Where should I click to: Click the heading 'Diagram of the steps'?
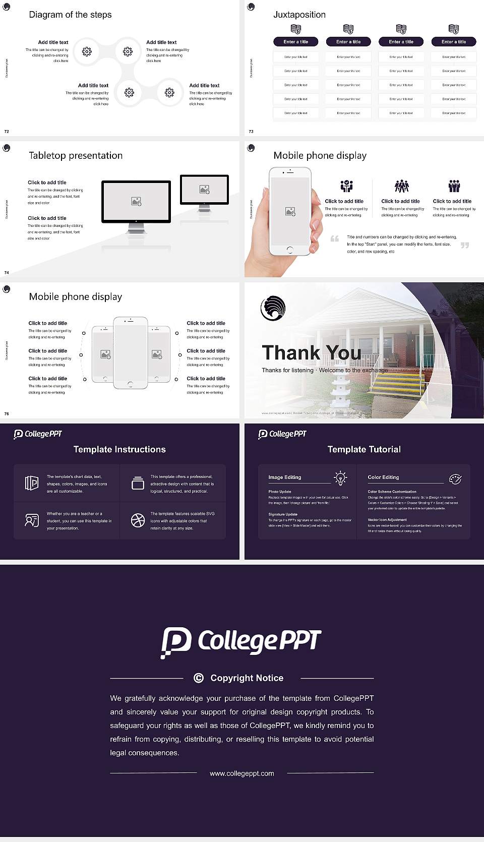(x=70, y=15)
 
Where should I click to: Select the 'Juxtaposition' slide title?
(x=299, y=15)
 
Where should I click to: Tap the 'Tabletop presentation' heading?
(x=76, y=156)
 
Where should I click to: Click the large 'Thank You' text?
(x=311, y=352)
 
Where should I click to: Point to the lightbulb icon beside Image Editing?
(x=340, y=478)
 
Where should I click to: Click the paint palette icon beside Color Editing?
(x=455, y=478)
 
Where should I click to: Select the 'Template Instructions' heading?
(x=119, y=449)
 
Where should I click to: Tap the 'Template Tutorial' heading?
(x=364, y=449)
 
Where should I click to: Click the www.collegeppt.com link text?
(x=242, y=773)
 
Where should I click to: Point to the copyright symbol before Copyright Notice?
(x=199, y=678)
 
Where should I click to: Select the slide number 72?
(x=7, y=132)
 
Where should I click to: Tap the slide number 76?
(x=7, y=414)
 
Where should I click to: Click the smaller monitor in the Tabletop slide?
(x=204, y=190)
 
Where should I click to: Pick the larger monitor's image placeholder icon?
(x=136, y=202)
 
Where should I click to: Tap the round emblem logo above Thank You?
(x=273, y=308)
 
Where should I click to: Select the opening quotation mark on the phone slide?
(x=334, y=239)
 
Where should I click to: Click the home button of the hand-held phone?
(x=289, y=250)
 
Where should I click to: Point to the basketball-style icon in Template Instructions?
(x=138, y=520)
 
